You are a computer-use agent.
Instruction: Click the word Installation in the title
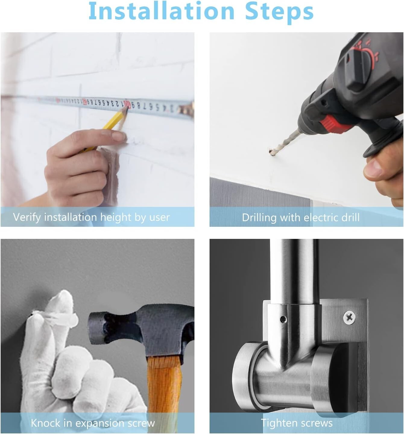click(161, 11)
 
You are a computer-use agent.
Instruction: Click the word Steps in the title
click(279, 13)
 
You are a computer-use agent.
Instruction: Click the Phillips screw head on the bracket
click(349, 317)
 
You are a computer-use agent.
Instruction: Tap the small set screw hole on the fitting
click(284, 320)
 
